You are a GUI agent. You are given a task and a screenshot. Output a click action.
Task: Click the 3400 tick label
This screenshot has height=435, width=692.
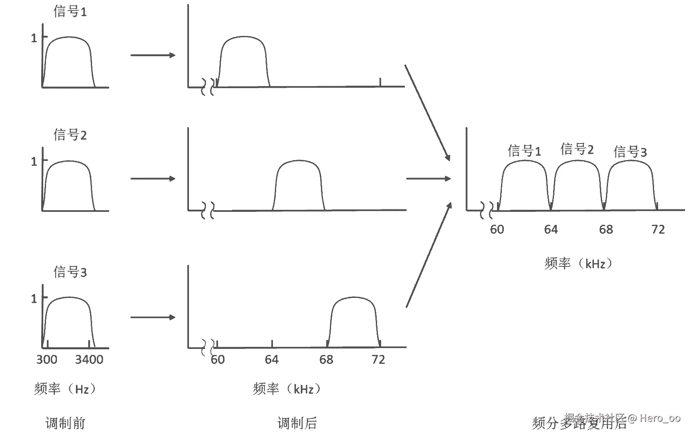(x=89, y=359)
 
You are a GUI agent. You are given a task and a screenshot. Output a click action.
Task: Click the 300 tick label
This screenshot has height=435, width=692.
(x=47, y=359)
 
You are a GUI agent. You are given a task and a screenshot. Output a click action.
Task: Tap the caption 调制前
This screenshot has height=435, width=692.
(x=65, y=423)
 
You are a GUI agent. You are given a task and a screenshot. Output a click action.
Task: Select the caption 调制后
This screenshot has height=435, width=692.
(x=297, y=423)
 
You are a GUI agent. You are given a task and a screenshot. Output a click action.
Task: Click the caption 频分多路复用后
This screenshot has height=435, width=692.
(x=579, y=423)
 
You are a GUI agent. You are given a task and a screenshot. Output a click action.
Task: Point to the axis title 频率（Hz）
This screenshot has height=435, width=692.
(x=66, y=389)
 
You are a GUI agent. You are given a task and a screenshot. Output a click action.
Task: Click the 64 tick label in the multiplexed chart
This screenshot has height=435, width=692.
(x=551, y=230)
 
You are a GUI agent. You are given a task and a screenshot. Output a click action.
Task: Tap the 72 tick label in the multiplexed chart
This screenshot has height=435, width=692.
(x=658, y=230)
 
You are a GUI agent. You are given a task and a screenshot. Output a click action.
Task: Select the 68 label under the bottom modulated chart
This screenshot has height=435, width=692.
(x=326, y=359)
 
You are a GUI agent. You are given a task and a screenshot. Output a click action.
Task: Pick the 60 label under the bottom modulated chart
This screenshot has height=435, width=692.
(x=218, y=359)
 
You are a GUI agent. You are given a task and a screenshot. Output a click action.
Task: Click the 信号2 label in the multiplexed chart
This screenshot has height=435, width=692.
(x=577, y=150)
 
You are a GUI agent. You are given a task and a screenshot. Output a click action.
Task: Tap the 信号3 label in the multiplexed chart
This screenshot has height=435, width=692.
(x=630, y=152)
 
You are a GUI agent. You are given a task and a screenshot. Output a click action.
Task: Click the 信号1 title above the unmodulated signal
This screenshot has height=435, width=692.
(x=70, y=11)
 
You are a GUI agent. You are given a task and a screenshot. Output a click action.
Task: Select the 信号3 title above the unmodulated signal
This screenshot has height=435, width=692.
(x=70, y=272)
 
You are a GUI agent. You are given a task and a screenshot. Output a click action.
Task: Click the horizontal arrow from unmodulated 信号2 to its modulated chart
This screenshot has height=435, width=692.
(x=153, y=178)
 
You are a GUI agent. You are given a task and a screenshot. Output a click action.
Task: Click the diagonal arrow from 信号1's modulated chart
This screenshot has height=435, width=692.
(x=427, y=112)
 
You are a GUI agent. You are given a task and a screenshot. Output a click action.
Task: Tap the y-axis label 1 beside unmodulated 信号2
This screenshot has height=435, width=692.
(x=34, y=162)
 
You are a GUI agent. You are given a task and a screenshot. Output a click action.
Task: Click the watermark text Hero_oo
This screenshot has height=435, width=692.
(x=660, y=418)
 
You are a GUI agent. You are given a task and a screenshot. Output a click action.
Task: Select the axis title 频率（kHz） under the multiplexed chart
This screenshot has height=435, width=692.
(x=579, y=264)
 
